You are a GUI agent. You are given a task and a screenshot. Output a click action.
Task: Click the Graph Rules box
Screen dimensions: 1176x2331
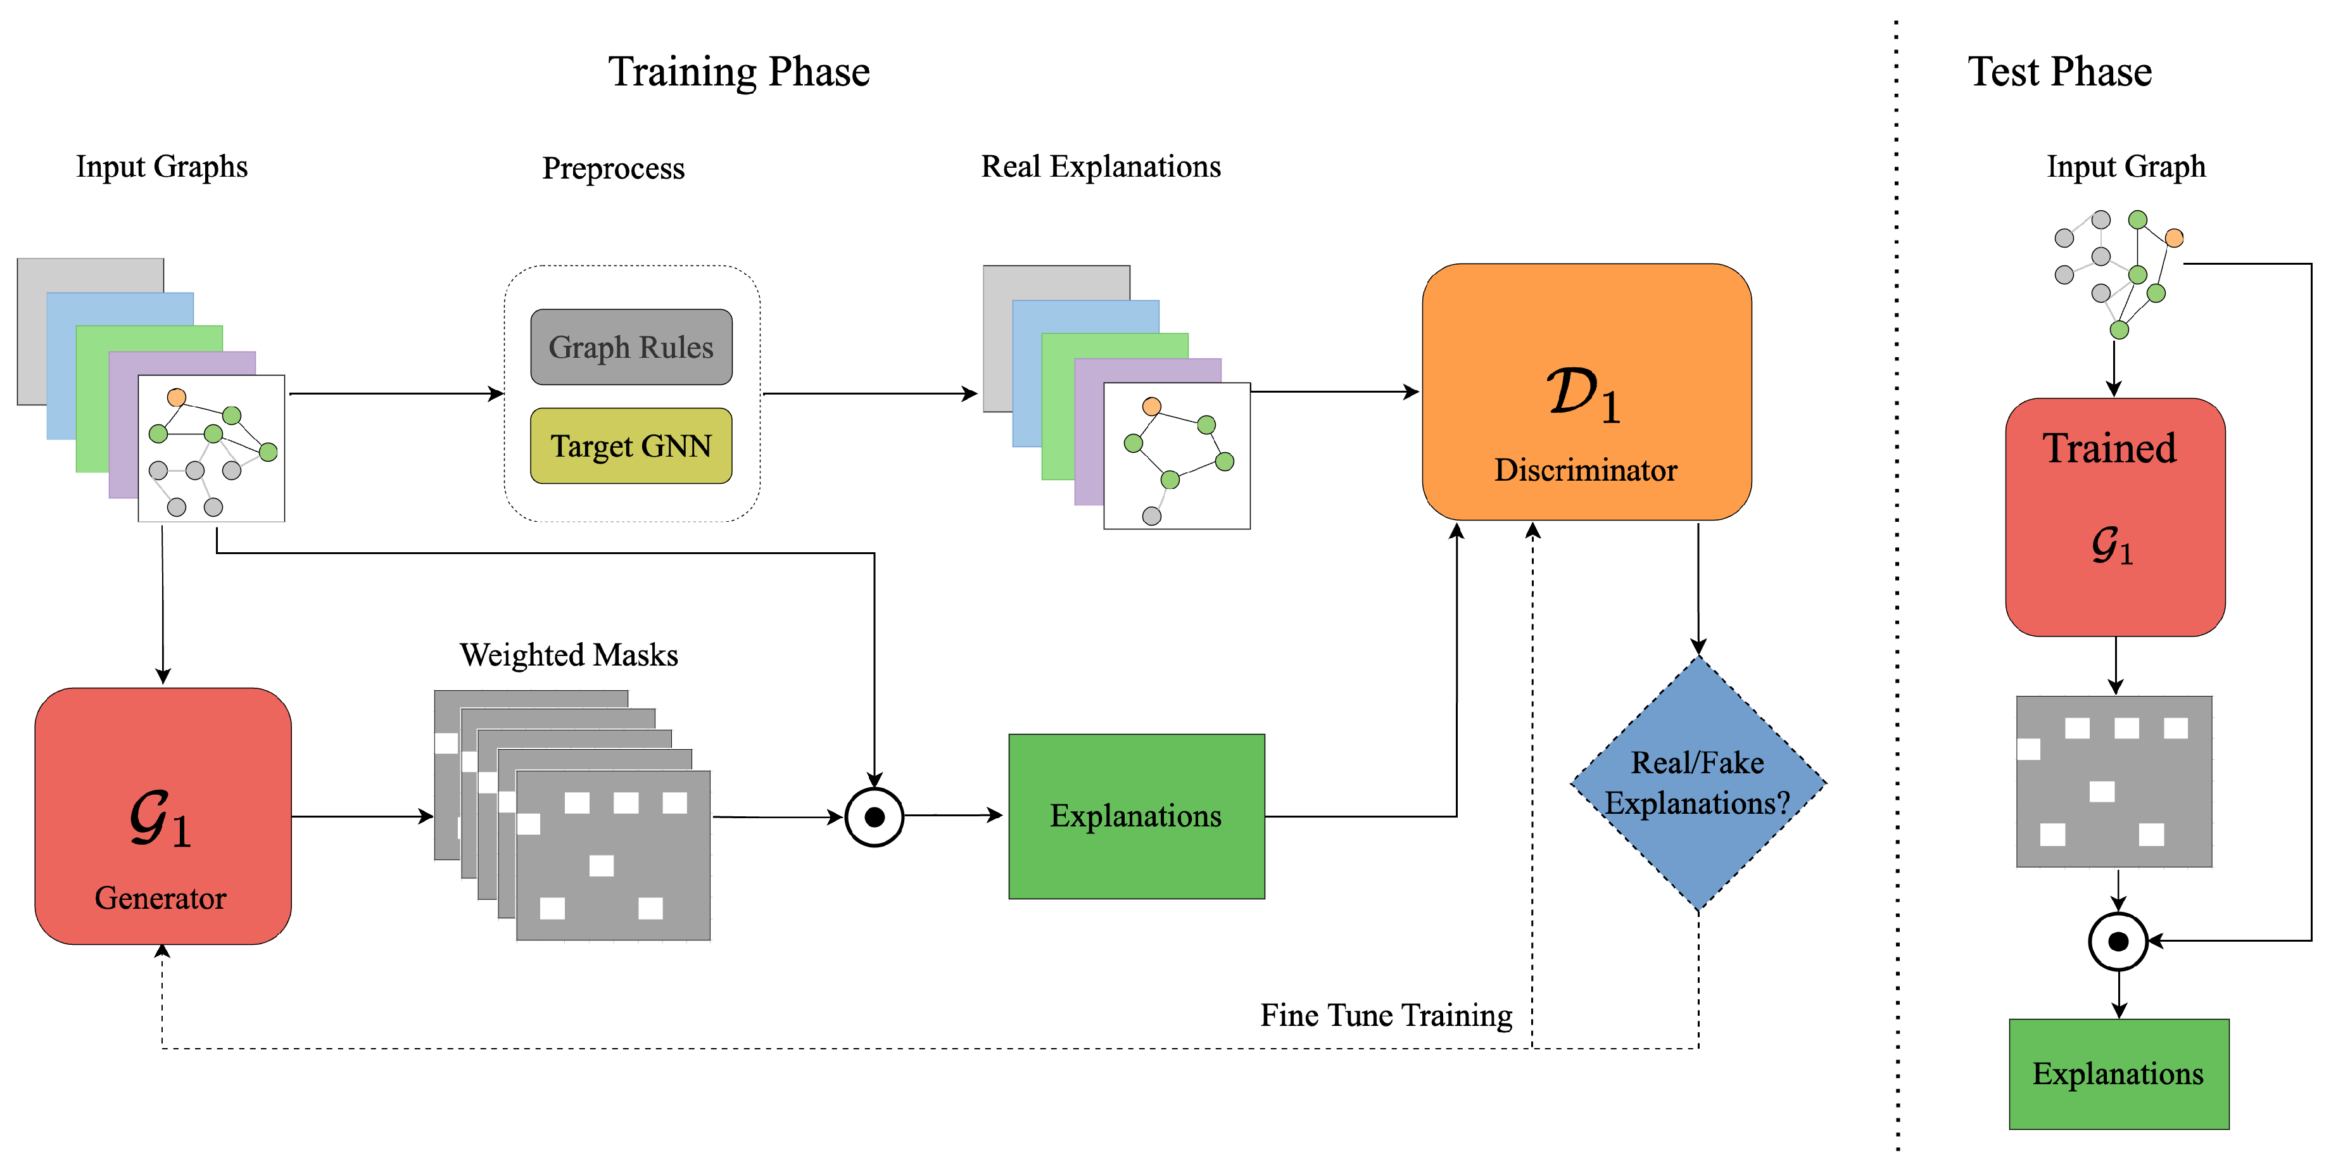point(631,348)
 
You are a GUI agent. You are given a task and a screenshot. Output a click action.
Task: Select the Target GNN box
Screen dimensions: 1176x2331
point(631,446)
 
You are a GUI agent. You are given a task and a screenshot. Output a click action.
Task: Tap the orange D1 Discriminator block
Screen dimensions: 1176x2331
point(1586,392)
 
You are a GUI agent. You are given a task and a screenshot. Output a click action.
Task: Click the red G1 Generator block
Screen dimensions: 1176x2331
point(163,816)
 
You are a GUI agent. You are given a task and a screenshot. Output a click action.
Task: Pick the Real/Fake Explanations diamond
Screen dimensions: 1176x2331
point(1698,783)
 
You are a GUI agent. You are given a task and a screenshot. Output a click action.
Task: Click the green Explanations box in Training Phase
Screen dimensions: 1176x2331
point(1135,816)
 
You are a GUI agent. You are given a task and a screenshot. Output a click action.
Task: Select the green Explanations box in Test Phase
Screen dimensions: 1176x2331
point(2118,1074)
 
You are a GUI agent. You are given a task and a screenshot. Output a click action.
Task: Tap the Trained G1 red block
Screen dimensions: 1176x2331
point(2114,517)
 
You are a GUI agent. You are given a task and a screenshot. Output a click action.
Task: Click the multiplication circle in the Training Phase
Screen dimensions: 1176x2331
point(874,817)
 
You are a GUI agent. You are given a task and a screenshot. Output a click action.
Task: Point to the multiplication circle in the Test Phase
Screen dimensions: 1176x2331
point(2118,942)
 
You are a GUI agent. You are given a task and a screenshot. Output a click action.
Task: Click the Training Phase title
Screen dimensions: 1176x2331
point(738,72)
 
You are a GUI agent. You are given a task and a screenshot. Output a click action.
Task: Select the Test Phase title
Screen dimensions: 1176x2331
point(2059,72)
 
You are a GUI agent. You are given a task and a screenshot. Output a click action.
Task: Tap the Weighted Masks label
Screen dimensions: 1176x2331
point(568,655)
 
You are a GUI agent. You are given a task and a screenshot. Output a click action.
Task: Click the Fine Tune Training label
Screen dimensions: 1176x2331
point(1386,1016)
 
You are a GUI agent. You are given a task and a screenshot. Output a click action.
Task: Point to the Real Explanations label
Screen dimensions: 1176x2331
point(1101,167)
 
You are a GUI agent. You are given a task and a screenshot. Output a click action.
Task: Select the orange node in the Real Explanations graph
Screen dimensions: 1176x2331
point(1151,406)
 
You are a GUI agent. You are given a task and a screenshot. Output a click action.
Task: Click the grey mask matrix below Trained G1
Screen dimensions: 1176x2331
point(2114,781)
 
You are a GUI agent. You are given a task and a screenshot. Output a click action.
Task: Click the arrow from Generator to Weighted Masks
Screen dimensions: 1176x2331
point(362,817)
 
